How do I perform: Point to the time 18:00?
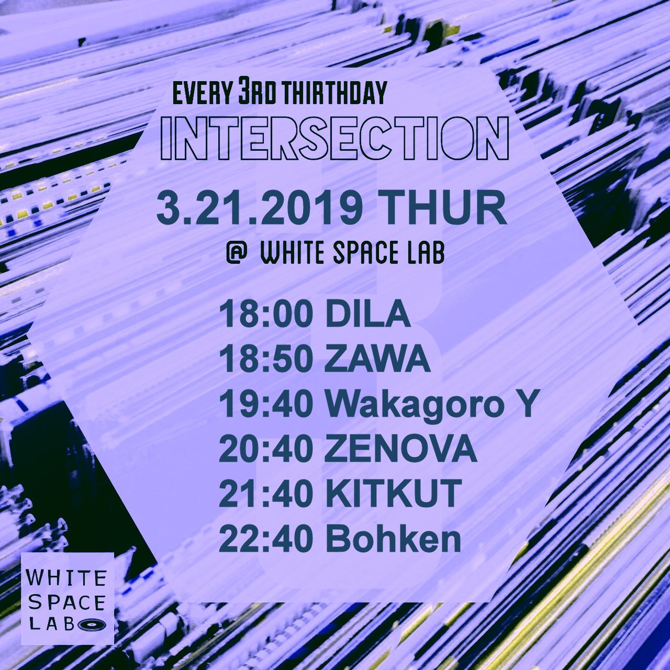[x=266, y=314]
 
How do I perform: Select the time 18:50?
[x=266, y=360]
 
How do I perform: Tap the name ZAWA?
[x=377, y=360]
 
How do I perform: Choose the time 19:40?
[x=266, y=405]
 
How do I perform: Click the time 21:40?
[x=266, y=495]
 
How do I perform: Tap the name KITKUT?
[x=393, y=495]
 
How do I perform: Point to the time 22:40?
[x=266, y=540]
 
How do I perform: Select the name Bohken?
[x=393, y=540]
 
